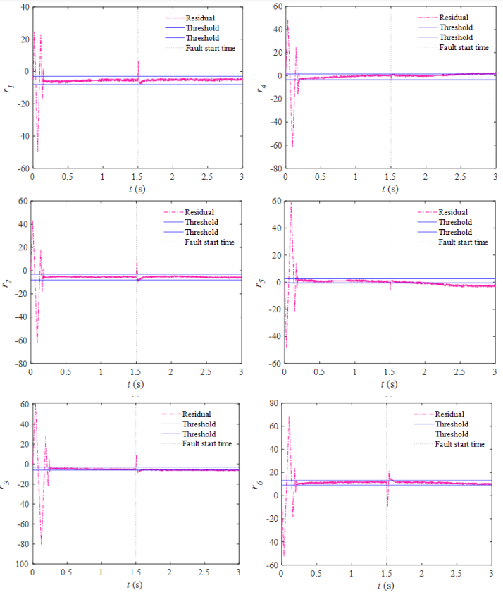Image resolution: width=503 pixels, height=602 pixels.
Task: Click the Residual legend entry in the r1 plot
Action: pos(201,18)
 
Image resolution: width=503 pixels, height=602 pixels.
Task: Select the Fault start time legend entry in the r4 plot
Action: pos(464,47)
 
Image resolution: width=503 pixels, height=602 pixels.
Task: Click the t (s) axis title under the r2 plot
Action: pos(136,383)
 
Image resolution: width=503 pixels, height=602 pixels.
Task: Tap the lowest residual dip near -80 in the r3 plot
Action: pos(41,543)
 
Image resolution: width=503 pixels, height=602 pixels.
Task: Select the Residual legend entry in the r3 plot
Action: pos(197,414)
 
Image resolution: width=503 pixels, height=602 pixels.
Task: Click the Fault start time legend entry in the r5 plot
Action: pos(463,242)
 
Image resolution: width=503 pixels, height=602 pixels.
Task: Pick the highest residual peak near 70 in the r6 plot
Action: pos(289,417)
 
